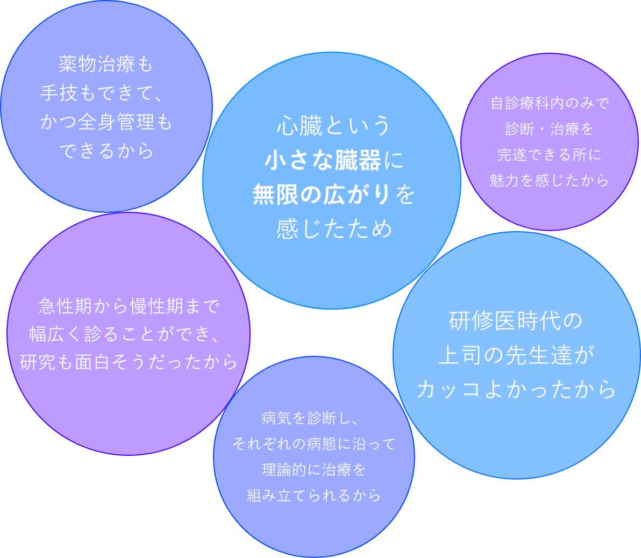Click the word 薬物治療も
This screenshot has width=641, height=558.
pyautogui.click(x=106, y=65)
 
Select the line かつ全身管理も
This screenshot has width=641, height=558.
pyautogui.click(x=106, y=123)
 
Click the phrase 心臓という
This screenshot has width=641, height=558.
pyautogui.click(x=334, y=127)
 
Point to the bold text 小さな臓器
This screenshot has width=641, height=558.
pyautogui.click(x=323, y=161)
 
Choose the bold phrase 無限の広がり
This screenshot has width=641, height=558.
pyautogui.click(x=322, y=195)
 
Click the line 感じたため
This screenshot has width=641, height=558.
pyautogui.click(x=334, y=229)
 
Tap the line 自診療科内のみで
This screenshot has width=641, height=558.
pyautogui.click(x=549, y=103)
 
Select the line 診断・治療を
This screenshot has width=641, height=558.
pyautogui.click(x=549, y=129)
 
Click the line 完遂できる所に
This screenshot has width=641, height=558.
pyautogui.click(x=549, y=155)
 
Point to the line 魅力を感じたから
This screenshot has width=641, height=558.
pyautogui.click(x=549, y=180)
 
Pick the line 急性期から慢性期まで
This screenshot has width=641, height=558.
pyautogui.click(x=129, y=306)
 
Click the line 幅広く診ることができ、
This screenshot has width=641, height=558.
pyautogui.click(x=126, y=334)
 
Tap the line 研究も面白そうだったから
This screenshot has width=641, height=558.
pyautogui.click(x=129, y=362)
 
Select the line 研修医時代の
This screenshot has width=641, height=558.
pyautogui.click(x=516, y=321)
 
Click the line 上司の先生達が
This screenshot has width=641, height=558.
pyautogui.click(x=516, y=355)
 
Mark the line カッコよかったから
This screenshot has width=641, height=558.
pyautogui.click(x=516, y=390)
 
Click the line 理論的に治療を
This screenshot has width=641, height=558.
pyautogui.click(x=314, y=470)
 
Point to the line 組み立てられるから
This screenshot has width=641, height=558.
pyautogui.click(x=314, y=495)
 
